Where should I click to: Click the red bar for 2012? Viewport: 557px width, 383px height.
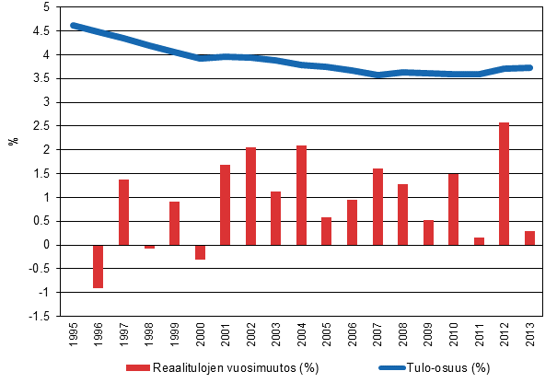pos(504,183)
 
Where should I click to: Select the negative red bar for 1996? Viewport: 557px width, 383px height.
pos(99,266)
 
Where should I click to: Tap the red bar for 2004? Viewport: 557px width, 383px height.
pos(301,194)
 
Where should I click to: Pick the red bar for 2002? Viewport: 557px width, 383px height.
pos(250,195)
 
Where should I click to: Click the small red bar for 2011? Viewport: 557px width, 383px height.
pos(479,241)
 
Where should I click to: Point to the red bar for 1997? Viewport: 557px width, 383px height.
pos(123,212)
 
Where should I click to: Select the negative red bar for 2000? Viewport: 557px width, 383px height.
pos(200,252)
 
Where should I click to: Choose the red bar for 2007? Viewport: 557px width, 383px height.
pos(377,206)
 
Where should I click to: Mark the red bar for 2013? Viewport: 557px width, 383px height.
pos(529,238)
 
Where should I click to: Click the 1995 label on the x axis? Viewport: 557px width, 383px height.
pos(74,333)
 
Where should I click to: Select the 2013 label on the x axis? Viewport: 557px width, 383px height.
pos(529,333)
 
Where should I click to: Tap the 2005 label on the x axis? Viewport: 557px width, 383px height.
pos(327,333)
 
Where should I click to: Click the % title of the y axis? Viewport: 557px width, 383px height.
pos(14,140)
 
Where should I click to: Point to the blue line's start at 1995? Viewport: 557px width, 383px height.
pos(74,26)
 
